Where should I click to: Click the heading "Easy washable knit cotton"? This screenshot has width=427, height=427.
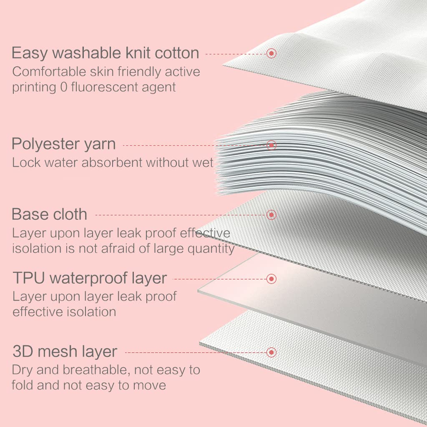(105, 53)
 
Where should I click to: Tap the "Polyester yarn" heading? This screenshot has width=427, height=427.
(64, 144)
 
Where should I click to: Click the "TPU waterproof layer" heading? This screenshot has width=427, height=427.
(90, 278)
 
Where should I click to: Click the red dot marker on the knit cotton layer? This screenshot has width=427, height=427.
(271, 53)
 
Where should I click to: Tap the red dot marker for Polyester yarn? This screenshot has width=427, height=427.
(271, 145)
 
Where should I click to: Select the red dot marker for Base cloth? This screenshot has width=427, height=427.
(271, 215)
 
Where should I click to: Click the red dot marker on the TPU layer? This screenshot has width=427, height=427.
(271, 279)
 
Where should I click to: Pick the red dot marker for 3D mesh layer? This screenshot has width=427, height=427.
(271, 352)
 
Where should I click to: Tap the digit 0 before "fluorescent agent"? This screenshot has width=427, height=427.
(64, 88)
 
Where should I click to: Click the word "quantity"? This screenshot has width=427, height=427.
(209, 249)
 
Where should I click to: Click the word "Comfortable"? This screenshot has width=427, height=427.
(49, 72)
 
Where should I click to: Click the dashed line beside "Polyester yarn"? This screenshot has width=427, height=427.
(194, 146)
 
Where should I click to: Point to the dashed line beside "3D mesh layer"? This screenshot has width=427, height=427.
(196, 353)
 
